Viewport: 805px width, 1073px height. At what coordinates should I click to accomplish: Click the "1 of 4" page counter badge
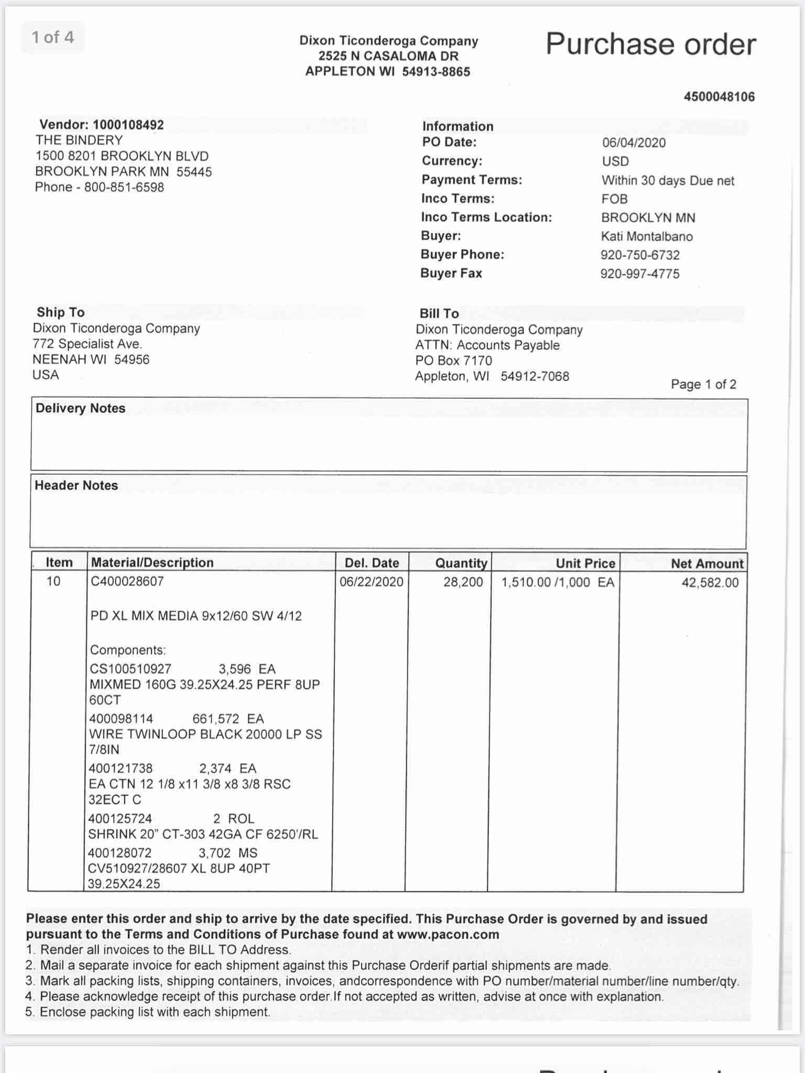[x=52, y=37]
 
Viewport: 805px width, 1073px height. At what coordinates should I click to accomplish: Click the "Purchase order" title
[x=650, y=44]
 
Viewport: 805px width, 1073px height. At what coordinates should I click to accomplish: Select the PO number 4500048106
[x=719, y=96]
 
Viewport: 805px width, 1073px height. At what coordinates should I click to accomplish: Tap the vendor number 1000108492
[x=128, y=125]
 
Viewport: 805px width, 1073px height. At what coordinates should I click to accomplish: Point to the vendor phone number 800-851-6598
[x=124, y=187]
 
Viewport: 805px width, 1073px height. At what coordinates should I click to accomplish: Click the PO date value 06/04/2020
[x=634, y=143]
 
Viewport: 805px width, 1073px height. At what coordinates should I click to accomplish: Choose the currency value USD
[x=615, y=161]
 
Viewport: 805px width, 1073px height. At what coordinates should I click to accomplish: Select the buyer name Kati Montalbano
[x=647, y=236]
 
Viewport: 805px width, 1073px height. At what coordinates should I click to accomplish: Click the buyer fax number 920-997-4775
[x=640, y=273]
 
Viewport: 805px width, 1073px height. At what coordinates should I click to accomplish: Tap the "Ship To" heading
[x=60, y=312]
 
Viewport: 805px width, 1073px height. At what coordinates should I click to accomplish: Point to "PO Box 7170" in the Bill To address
[x=454, y=360]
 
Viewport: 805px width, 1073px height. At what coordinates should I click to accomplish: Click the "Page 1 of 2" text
[x=703, y=384]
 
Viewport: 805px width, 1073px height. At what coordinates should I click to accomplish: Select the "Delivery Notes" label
[x=80, y=408]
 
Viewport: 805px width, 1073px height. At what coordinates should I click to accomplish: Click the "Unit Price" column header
[x=585, y=563]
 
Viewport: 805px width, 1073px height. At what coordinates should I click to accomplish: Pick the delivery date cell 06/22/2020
[x=372, y=582]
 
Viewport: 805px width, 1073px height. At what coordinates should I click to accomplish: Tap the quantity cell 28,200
[x=463, y=582]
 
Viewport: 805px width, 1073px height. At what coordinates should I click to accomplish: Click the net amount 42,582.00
[x=710, y=583]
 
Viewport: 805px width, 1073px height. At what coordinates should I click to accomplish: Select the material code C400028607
[x=127, y=581]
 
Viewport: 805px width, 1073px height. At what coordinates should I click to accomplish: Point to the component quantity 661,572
[x=215, y=719]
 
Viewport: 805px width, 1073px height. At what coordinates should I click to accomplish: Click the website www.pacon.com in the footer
[x=448, y=934]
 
